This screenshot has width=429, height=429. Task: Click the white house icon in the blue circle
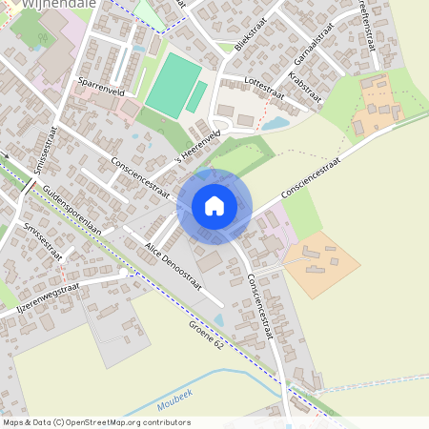coord(214,206)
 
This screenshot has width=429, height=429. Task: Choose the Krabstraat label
coord(305,88)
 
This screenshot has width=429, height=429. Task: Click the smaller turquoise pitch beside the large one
coord(196,96)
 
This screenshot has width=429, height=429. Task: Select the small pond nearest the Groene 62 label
coord(219,320)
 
